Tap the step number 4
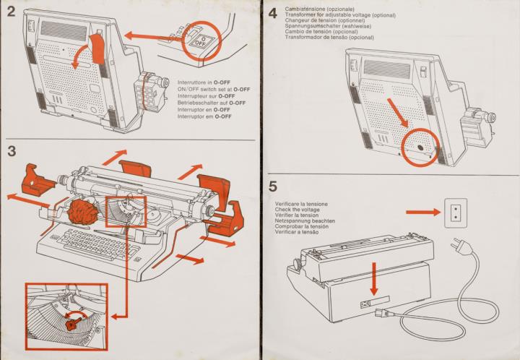(x=273, y=13)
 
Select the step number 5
(x=273, y=186)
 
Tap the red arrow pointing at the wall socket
(x=422, y=212)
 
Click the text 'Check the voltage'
(x=295, y=210)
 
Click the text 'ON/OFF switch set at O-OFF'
(x=214, y=90)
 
